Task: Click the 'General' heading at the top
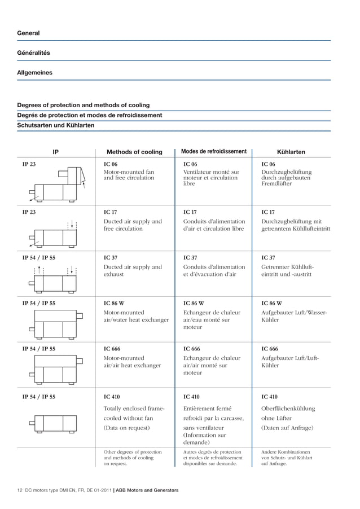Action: (28, 33)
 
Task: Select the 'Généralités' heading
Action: (33, 53)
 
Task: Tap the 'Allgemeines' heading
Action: (34, 73)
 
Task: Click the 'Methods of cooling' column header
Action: (134, 152)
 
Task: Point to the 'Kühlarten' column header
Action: (291, 152)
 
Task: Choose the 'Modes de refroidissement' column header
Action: (214, 151)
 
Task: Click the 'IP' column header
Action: (55, 152)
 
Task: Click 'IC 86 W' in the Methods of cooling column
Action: (116, 303)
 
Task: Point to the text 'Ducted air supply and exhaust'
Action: (132, 271)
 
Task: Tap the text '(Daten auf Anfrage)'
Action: (287, 428)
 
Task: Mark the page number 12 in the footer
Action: (20, 490)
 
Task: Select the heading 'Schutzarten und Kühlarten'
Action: (56, 125)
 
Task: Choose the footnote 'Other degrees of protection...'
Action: (133, 458)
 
